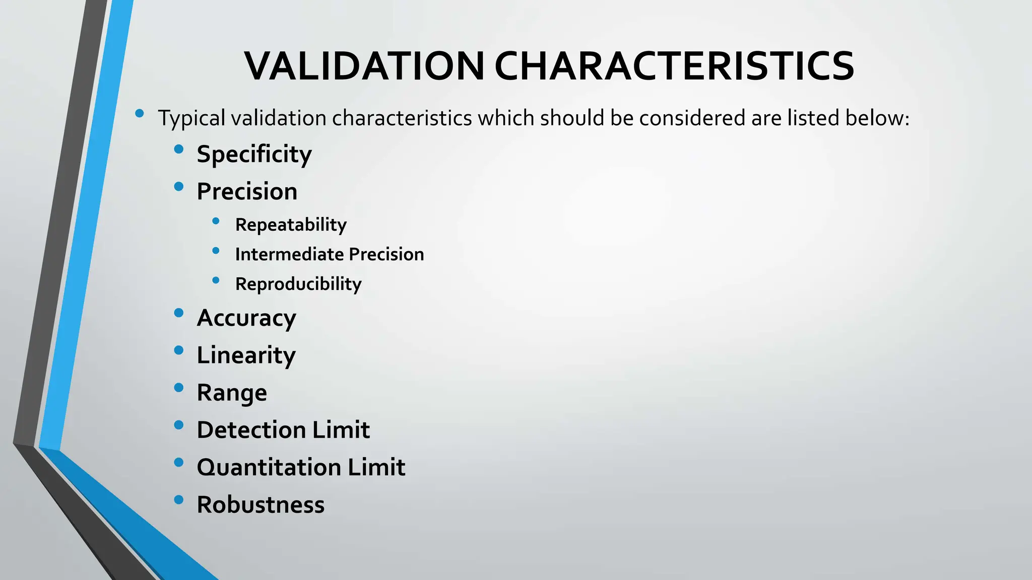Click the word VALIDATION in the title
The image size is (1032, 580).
(x=364, y=66)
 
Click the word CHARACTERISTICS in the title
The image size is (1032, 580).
(x=674, y=66)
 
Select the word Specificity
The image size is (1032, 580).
(x=254, y=154)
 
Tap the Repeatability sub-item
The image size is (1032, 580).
(x=291, y=225)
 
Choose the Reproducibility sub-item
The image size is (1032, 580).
(x=298, y=284)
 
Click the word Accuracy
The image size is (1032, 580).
(x=246, y=318)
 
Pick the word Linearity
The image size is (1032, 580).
(x=246, y=355)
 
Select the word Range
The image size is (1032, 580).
(x=232, y=393)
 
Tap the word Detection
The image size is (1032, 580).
(x=251, y=430)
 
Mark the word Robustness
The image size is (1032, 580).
(x=261, y=504)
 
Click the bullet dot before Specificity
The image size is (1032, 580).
(x=178, y=149)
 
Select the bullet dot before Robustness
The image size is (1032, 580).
(x=178, y=500)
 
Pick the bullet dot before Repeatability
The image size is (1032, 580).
(x=216, y=221)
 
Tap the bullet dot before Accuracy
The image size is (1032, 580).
(x=178, y=313)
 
